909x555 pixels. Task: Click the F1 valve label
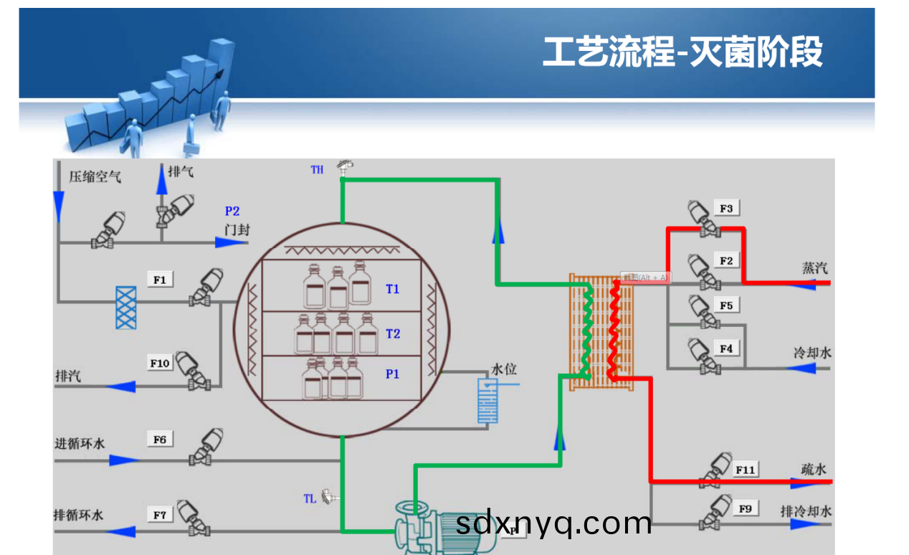[160, 280]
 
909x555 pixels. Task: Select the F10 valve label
[160, 364]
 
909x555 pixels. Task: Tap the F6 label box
[160, 439]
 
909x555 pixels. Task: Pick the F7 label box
[160, 515]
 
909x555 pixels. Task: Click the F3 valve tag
[726, 209]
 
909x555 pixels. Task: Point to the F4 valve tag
[726, 348]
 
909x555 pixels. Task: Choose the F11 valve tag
[746, 470]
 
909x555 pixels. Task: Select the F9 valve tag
[746, 508]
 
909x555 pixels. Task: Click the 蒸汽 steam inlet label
[814, 268]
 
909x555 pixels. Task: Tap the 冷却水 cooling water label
[812, 353]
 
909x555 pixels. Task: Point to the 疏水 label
[814, 469]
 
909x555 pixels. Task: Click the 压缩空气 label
[95, 176]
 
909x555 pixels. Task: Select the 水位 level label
[503, 369]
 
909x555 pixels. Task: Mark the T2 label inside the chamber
[393, 333]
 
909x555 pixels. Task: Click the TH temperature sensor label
[317, 170]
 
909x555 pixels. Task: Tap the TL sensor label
[310, 498]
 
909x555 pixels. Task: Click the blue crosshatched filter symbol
[126, 308]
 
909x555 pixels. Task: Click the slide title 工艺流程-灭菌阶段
[682, 52]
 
